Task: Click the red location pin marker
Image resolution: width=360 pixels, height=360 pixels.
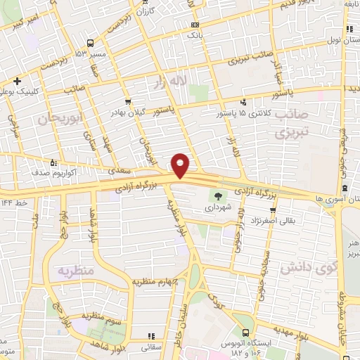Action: (181, 165)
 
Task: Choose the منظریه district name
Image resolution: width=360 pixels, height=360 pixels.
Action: (75, 270)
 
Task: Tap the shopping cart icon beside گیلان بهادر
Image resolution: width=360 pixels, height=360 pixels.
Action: (128, 102)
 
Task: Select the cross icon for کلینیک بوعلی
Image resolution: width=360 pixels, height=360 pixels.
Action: (18, 81)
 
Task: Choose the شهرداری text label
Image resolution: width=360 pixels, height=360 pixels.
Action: (218, 208)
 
